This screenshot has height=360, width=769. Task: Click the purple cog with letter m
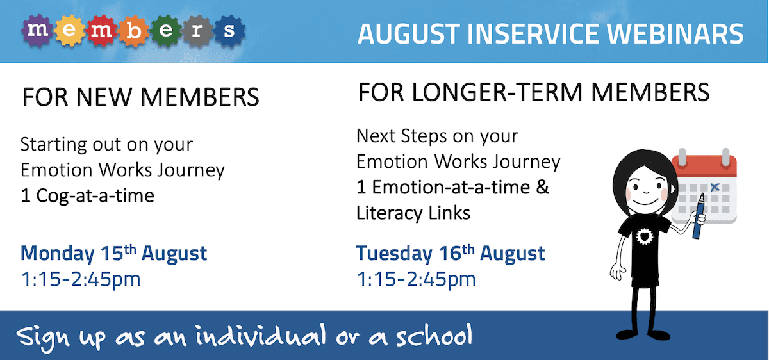(37, 31)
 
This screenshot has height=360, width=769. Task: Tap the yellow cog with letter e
(69, 31)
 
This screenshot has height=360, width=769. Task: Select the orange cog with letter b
(134, 31)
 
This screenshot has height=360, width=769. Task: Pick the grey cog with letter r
(197, 31)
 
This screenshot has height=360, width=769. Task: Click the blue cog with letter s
(229, 31)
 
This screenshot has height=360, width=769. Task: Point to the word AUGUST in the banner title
(409, 34)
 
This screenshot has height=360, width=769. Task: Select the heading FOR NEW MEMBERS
(140, 97)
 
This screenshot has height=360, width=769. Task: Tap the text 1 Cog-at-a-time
(88, 196)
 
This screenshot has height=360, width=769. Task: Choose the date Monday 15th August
(113, 253)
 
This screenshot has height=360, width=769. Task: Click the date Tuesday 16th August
(451, 253)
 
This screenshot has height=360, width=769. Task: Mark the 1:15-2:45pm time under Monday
(81, 279)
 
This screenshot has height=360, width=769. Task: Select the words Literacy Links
(413, 213)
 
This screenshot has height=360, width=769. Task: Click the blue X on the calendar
(715, 187)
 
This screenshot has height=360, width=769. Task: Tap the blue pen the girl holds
(699, 217)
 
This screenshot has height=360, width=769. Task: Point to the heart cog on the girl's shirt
(645, 236)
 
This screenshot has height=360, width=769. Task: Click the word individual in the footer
(261, 334)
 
